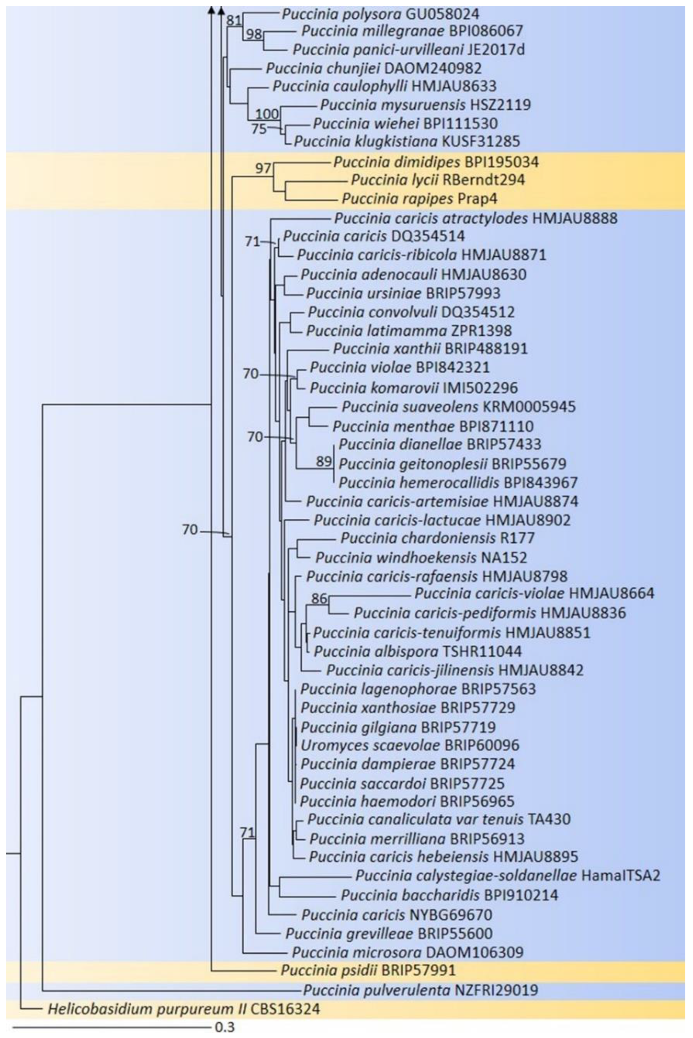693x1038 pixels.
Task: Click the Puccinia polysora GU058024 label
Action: pyautogui.click(x=380, y=14)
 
